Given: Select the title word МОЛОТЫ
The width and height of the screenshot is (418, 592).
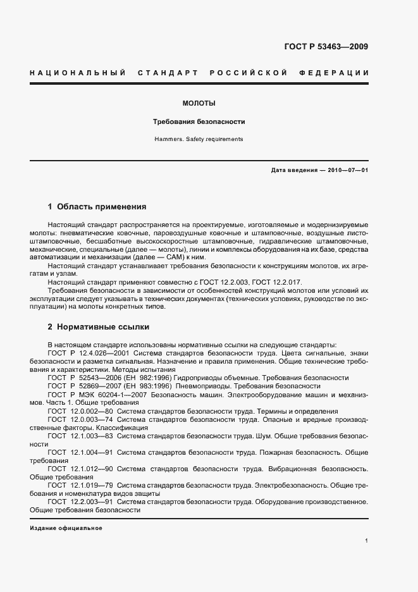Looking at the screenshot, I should [199, 103].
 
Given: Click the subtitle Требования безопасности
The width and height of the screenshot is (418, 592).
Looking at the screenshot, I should [199, 121].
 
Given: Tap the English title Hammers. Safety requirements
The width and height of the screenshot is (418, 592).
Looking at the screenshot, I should [199, 139].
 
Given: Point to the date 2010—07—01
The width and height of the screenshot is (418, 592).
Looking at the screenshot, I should [347, 170].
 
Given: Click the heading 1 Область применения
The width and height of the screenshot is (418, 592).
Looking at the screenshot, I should [97, 206].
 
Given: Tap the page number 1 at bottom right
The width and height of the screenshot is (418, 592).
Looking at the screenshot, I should [367, 541].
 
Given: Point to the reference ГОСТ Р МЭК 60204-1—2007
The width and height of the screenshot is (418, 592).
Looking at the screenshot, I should [96, 393].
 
